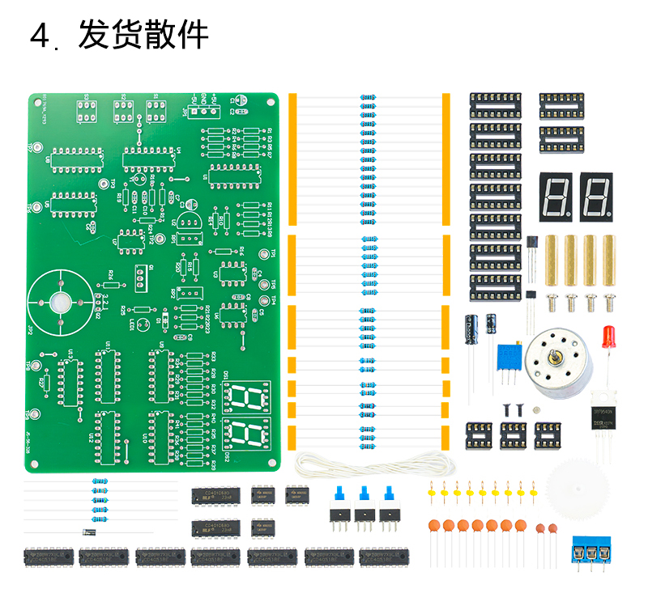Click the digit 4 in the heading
click(x=40, y=36)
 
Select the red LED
click(x=610, y=336)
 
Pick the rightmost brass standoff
click(x=608, y=261)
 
